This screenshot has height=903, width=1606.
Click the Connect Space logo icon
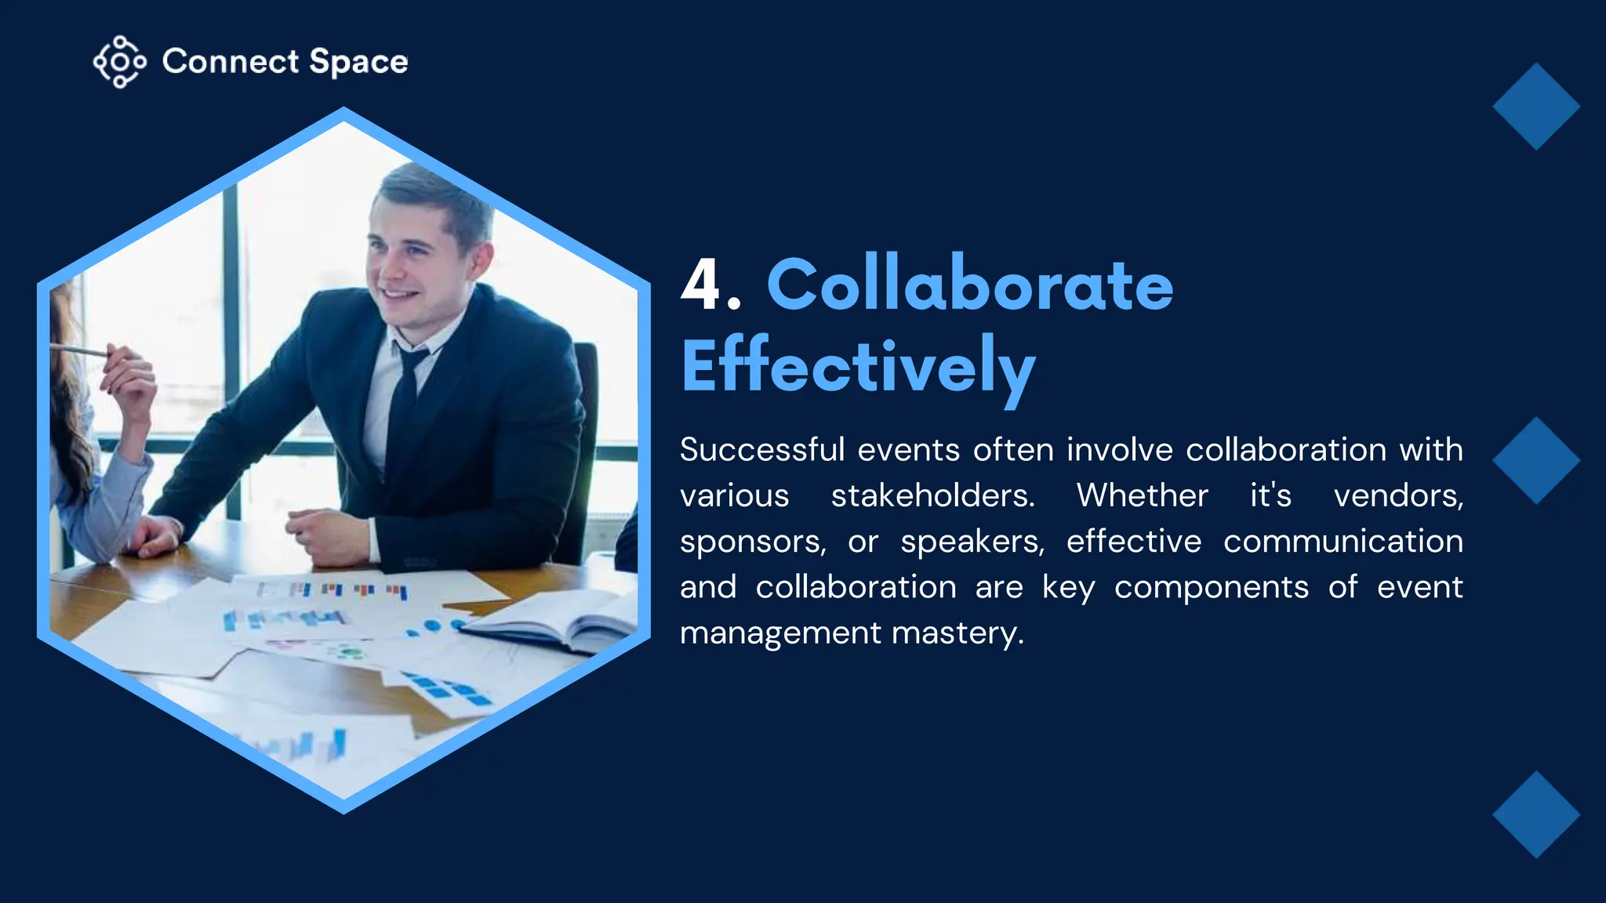click(119, 61)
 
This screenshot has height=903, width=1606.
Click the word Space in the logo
click(358, 62)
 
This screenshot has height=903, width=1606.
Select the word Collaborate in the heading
click(969, 285)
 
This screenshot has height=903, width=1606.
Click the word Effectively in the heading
click(858, 367)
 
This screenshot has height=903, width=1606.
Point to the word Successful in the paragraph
click(762, 450)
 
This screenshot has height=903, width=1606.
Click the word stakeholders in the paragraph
click(932, 495)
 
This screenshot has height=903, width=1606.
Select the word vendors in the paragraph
click(1398, 495)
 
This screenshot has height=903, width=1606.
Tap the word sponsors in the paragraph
click(752, 542)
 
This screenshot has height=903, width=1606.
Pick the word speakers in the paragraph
click(972, 542)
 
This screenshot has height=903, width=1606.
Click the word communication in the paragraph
click(1343, 542)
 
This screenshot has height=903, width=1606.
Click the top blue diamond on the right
click(1535, 107)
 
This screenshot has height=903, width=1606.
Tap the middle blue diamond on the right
click(1535, 460)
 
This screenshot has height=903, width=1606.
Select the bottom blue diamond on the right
click(1535, 814)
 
